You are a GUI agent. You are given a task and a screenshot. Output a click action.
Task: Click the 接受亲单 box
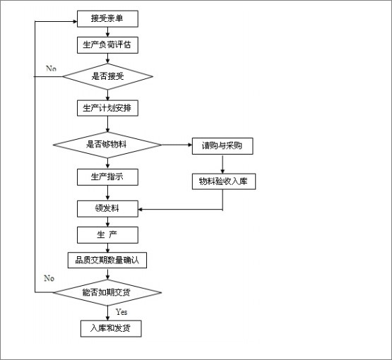click(107, 19)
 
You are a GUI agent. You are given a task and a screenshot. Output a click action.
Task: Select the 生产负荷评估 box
click(107, 45)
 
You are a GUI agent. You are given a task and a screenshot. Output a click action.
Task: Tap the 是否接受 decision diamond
click(107, 76)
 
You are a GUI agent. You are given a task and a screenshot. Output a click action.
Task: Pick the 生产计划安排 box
click(107, 108)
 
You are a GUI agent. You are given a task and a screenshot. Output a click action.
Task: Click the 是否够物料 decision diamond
click(107, 145)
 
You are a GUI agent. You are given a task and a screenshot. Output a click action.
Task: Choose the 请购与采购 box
click(222, 146)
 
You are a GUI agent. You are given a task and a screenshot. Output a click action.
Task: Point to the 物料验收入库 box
click(224, 181)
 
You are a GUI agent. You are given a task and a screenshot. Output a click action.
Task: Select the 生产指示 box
click(107, 177)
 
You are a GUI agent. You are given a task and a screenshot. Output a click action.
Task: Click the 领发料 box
click(107, 209)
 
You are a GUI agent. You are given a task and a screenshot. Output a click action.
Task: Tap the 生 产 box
click(107, 235)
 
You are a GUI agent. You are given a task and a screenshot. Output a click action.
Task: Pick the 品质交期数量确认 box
click(107, 260)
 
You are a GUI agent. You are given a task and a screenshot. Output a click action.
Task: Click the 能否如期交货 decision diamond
click(107, 292)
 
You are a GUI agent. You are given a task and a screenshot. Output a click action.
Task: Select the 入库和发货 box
click(111, 328)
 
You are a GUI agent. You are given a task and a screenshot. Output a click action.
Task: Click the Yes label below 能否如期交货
click(121, 312)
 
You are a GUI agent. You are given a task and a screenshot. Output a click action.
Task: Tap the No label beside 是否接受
click(52, 68)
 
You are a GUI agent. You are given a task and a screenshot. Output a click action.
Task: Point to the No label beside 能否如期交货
click(49, 278)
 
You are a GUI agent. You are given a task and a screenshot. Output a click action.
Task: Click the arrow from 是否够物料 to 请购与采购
click(177, 145)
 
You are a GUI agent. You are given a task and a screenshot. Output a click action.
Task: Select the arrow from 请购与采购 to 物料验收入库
click(222, 164)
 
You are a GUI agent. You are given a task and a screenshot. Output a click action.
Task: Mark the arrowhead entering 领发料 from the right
click(140, 210)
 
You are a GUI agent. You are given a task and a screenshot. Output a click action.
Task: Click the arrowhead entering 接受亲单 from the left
click(75, 21)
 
